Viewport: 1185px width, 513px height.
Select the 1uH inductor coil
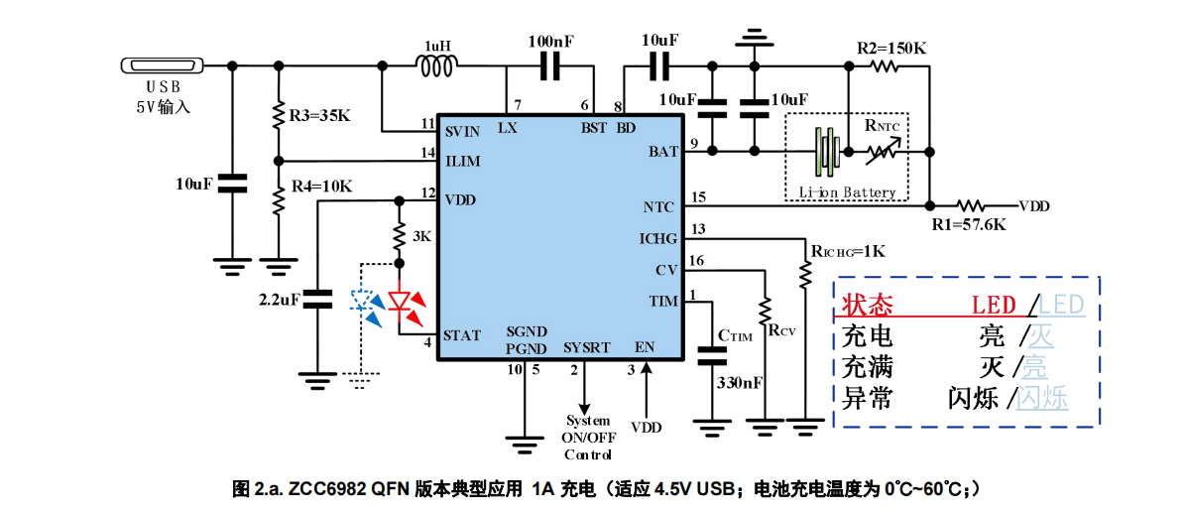coord(436,66)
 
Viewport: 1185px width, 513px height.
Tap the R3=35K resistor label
coord(319,116)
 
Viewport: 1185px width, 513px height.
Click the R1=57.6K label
coord(969,224)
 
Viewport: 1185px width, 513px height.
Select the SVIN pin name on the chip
coord(461,130)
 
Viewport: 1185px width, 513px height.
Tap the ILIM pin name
coord(461,160)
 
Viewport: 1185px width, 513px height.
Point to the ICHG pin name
coord(657,238)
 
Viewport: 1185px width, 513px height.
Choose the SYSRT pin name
coord(586,348)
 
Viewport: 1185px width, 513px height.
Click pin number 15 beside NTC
coord(698,196)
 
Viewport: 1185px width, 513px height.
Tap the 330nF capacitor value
coord(739,383)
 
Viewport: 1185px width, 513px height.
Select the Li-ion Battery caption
coord(847,192)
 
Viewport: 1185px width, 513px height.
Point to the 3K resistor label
coord(422,237)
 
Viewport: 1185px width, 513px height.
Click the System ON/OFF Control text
coord(588,438)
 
